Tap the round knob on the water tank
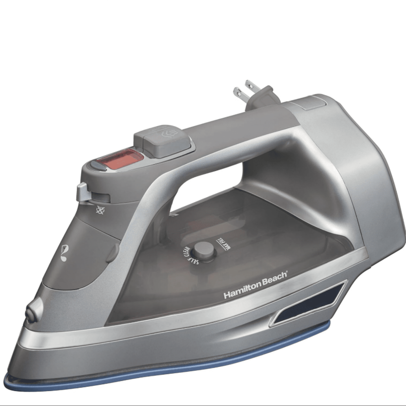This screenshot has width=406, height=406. pyautogui.click(x=204, y=250)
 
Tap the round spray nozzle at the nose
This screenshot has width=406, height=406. pyautogui.click(x=32, y=312)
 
